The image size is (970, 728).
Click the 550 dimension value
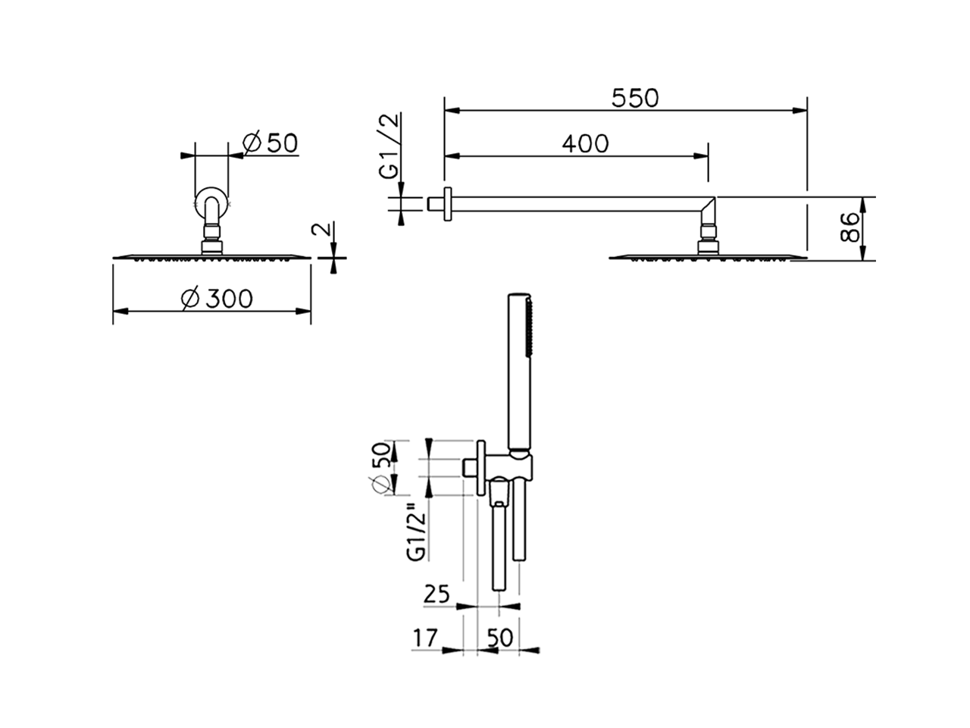point(636,98)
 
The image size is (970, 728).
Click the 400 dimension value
point(585,143)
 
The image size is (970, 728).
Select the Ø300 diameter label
point(217,299)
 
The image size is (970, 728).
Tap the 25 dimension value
point(437,594)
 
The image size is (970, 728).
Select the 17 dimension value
point(426,639)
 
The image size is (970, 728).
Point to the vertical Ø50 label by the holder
point(383,467)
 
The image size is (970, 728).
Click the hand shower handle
point(518,372)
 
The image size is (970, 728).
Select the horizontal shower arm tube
point(576,205)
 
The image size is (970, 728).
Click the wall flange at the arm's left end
point(447,204)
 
